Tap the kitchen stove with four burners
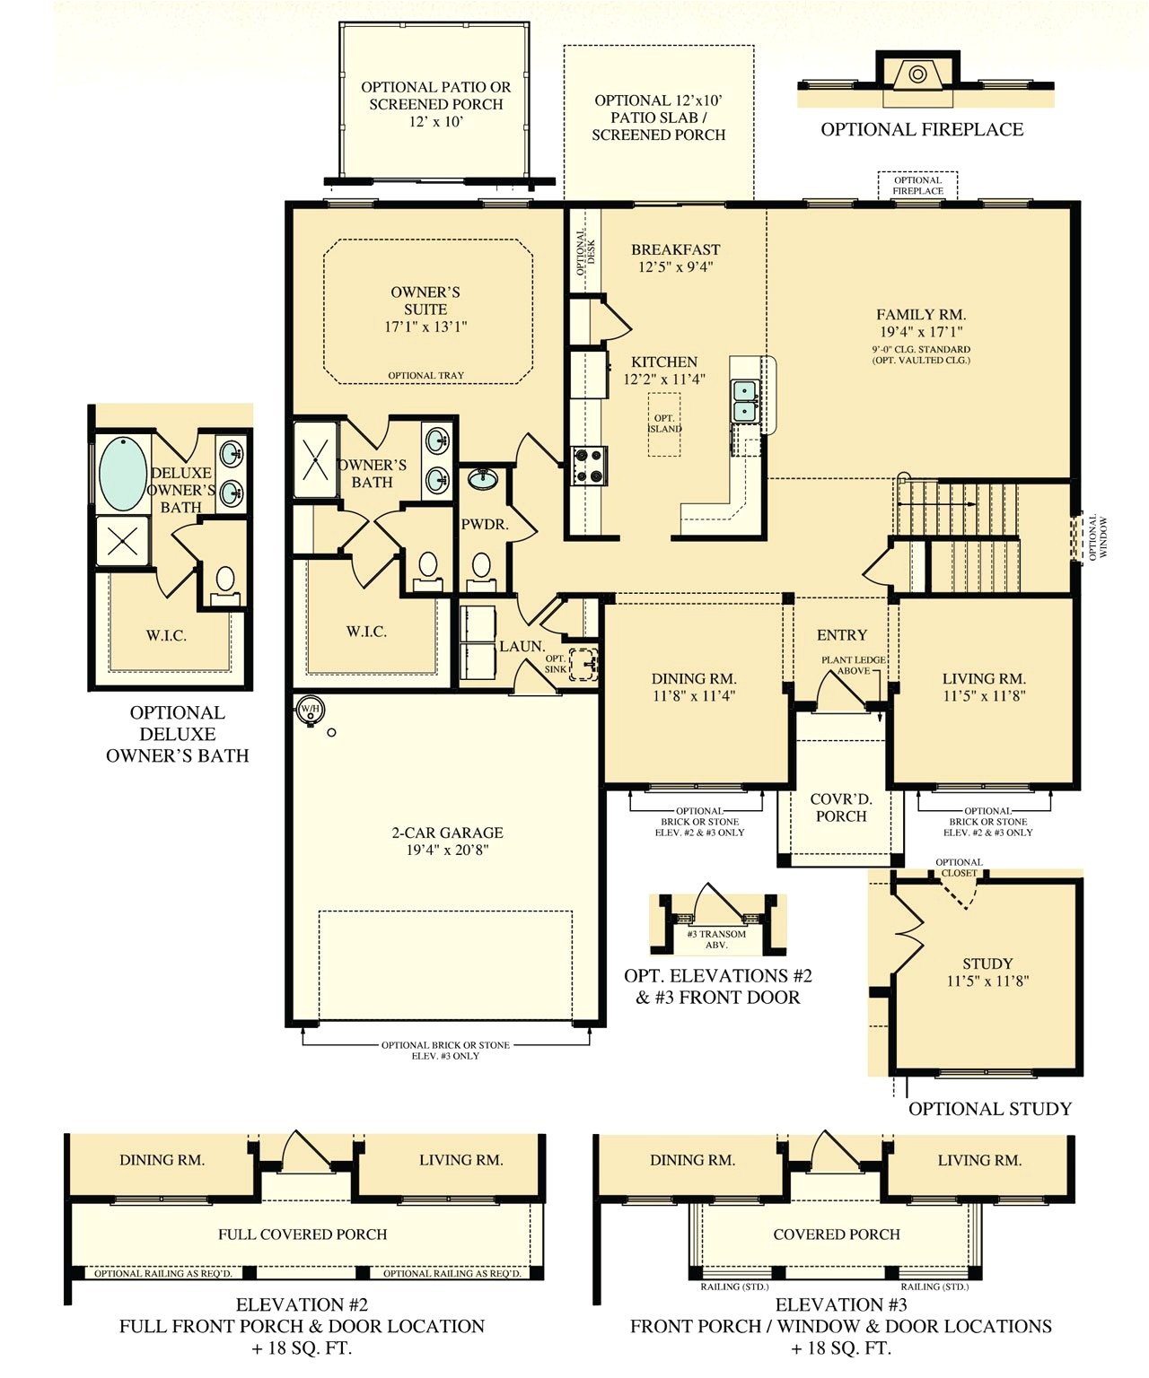click(x=589, y=466)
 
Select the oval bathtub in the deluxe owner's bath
click(x=123, y=473)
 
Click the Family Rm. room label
click(x=920, y=315)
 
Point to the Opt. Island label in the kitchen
click(x=664, y=423)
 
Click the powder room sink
click(x=483, y=478)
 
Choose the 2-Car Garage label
click(x=447, y=833)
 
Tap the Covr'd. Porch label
click(x=840, y=807)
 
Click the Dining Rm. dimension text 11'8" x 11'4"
click(x=693, y=695)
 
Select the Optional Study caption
click(x=990, y=1109)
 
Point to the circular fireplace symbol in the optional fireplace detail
click(x=917, y=74)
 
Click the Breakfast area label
click(x=675, y=249)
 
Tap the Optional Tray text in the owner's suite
click(x=425, y=376)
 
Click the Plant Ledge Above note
click(x=854, y=666)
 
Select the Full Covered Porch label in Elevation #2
click(x=303, y=1234)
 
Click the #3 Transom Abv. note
click(x=716, y=939)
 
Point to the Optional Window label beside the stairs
click(x=1098, y=537)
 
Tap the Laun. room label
click(x=522, y=646)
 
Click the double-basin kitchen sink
click(x=745, y=401)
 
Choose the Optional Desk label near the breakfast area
click(x=585, y=252)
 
